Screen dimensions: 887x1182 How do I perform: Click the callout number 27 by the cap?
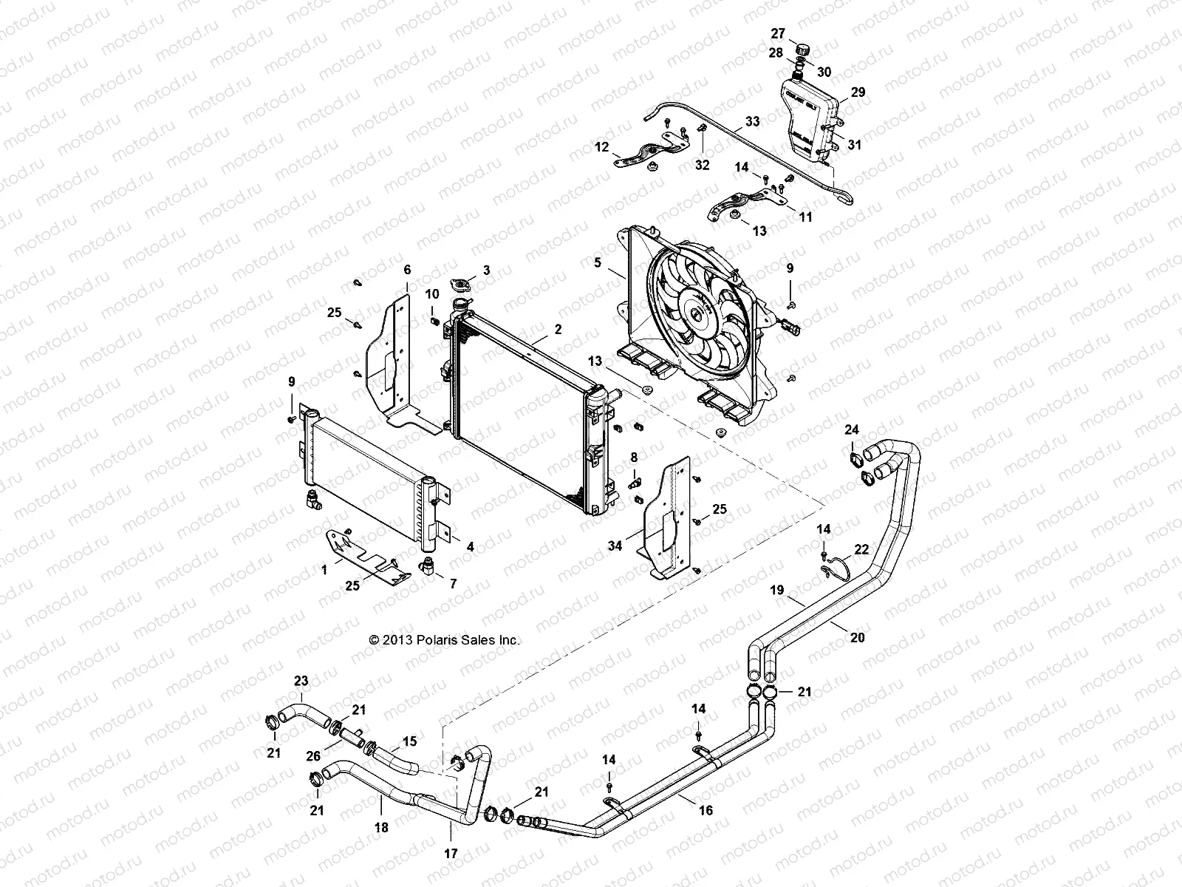[778, 33]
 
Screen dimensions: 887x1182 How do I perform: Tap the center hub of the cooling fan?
[697, 316]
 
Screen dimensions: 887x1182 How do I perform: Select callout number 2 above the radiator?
[558, 330]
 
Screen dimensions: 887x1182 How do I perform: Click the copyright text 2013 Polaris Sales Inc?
[444, 640]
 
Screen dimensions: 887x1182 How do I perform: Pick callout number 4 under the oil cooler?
[470, 548]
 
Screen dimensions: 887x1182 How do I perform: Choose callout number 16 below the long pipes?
[706, 811]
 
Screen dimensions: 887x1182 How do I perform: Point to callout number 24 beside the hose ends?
[852, 429]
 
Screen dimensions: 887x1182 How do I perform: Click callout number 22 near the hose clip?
[861, 550]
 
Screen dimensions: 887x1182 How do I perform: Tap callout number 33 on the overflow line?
[752, 121]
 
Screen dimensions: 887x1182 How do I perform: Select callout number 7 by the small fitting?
[453, 583]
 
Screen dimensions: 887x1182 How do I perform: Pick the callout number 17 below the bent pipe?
[451, 853]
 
